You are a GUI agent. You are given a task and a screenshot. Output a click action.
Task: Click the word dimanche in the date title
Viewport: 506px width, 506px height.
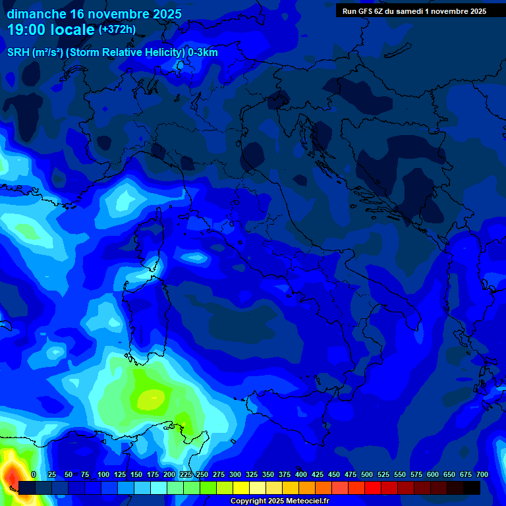tap(36, 14)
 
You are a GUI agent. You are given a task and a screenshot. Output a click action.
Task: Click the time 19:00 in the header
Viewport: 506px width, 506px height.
tap(28, 30)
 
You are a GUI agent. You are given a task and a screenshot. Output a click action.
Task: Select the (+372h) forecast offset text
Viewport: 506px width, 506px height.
tap(117, 30)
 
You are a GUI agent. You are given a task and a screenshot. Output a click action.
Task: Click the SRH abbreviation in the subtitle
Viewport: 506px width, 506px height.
tap(18, 53)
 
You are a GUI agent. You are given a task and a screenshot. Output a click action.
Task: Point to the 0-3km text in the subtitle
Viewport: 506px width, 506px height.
tap(203, 53)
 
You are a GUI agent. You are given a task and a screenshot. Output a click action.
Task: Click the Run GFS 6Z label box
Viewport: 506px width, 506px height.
tap(414, 11)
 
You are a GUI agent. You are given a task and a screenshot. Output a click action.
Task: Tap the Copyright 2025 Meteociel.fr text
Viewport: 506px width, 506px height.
tap(279, 501)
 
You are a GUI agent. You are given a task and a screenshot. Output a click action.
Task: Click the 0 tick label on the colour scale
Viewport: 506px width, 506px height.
tap(34, 474)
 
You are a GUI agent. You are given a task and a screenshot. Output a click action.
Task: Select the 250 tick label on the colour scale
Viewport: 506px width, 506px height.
tap(202, 474)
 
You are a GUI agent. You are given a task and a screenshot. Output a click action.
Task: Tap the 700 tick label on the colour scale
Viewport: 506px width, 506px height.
tap(482, 474)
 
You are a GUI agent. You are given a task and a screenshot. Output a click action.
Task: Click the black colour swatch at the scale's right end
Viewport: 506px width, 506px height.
tap(472, 488)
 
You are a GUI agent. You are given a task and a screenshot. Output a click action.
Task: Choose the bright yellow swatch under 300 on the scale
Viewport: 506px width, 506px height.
tap(241, 488)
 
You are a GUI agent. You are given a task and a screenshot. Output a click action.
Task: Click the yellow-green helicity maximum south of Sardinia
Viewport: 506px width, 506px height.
tap(153, 397)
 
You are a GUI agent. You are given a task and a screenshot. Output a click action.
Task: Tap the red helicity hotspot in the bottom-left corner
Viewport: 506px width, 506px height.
tap(11, 473)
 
